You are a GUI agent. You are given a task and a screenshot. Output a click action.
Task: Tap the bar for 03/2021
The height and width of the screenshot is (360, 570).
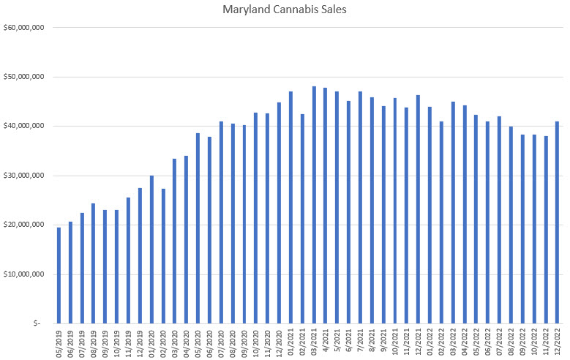coord(314,205)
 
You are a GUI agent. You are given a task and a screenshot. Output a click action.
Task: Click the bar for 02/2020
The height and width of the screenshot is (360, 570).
coord(163,255)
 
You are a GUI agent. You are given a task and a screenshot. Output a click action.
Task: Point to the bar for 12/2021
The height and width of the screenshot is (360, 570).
coord(418,209)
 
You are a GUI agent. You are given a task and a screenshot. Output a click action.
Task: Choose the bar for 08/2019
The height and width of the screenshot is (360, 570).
coord(94,263)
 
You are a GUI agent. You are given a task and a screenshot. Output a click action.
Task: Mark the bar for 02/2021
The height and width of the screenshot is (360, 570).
coord(302,219)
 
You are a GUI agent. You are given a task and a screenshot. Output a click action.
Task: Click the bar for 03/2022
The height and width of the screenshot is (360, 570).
coord(453,212)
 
